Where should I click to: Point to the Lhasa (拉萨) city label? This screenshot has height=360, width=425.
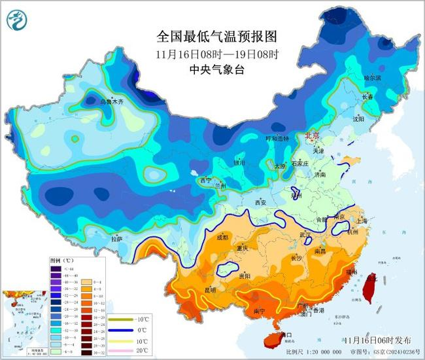116,240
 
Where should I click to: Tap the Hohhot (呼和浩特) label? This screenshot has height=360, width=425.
267,138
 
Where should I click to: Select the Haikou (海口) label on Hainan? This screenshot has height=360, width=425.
284,335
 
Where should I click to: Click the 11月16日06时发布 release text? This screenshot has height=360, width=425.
377,340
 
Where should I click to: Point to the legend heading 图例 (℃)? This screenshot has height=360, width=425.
64,260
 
